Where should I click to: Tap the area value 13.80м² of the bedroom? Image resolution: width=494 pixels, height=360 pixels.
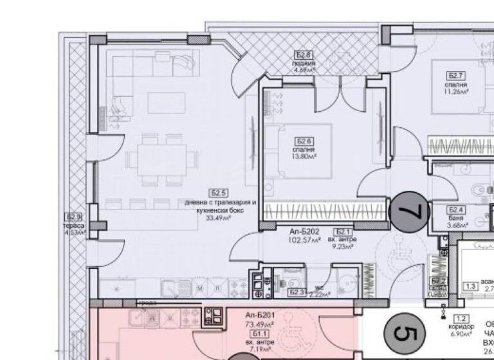304,156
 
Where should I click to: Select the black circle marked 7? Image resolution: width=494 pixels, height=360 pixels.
410,210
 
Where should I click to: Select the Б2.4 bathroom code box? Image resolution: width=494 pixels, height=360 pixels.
456,210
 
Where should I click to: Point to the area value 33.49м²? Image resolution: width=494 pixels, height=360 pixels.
219,217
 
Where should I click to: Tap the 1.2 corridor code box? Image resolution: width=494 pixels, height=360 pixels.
460,318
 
